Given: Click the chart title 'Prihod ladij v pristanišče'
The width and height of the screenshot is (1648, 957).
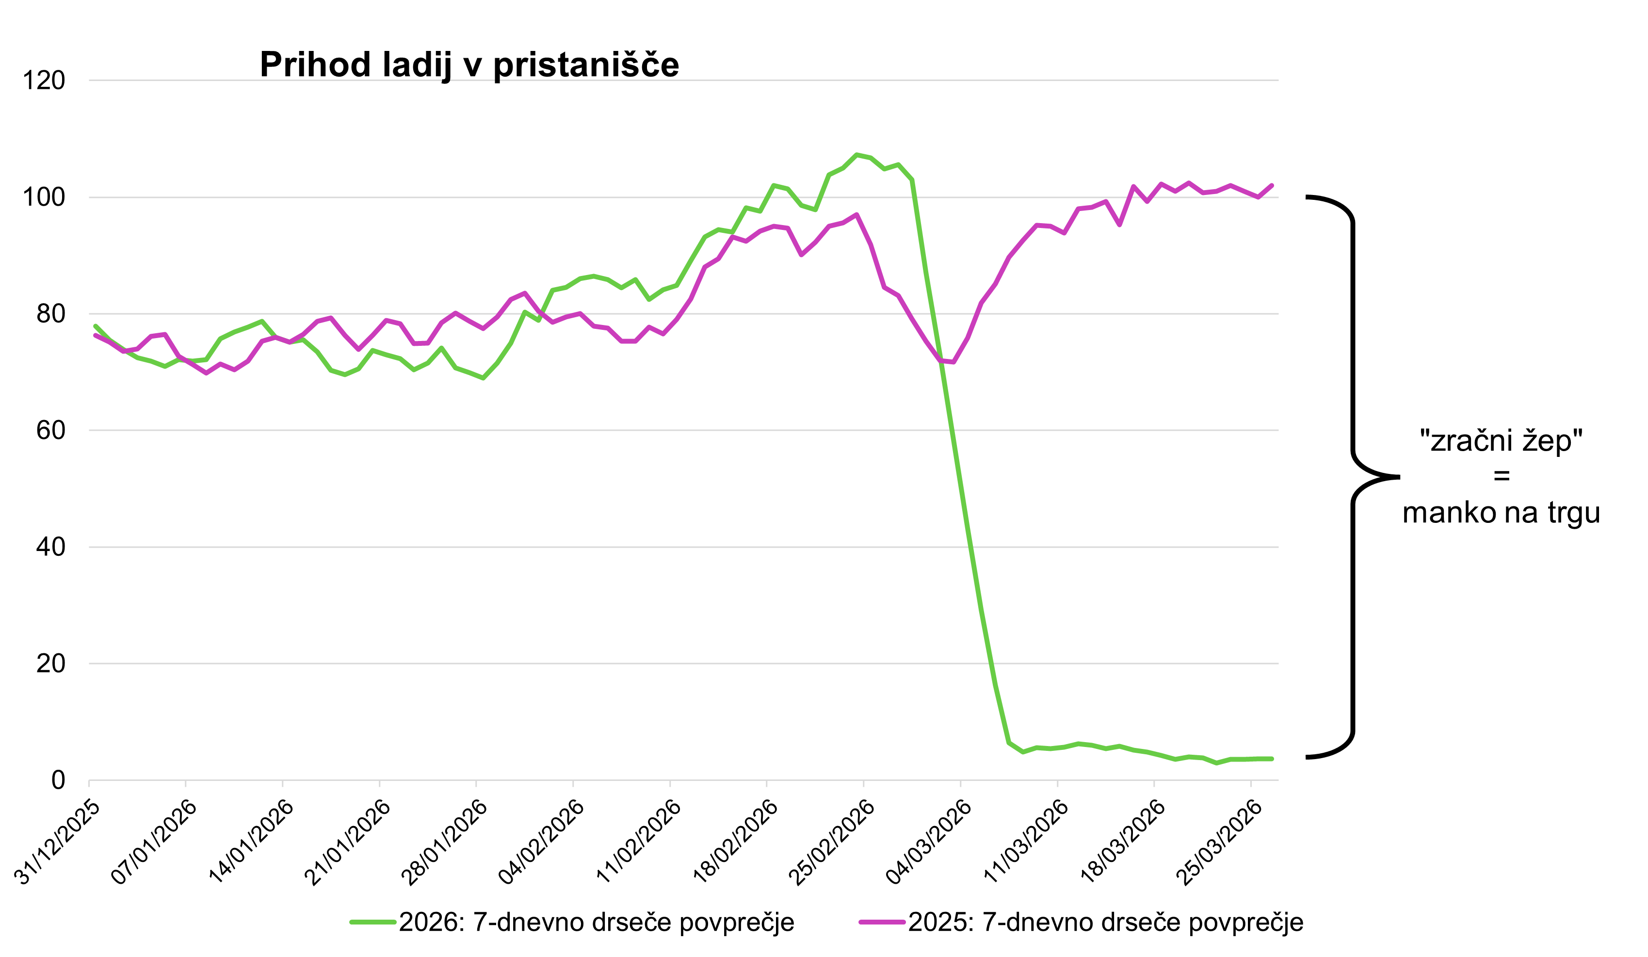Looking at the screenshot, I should (x=469, y=65).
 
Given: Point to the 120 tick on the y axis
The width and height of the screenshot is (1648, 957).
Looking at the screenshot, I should (x=44, y=81).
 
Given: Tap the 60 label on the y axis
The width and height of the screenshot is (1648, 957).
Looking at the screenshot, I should (x=50, y=430).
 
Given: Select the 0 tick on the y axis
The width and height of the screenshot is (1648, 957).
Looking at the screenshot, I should (x=58, y=780).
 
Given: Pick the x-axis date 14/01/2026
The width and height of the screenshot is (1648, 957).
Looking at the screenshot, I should (x=252, y=842).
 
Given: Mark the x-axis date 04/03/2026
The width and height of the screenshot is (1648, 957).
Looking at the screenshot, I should (x=929, y=842).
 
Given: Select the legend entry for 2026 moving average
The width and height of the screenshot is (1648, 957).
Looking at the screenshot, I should (x=572, y=923).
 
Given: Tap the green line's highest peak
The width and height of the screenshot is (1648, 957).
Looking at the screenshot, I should (x=856, y=155).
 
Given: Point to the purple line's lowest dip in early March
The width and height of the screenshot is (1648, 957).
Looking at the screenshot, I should (x=953, y=362).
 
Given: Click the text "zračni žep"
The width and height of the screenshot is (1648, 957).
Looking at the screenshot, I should (x=1501, y=441).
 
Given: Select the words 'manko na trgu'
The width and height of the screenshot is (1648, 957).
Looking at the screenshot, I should (x=1501, y=513).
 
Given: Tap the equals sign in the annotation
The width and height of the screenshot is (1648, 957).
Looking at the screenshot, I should (x=1502, y=476).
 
